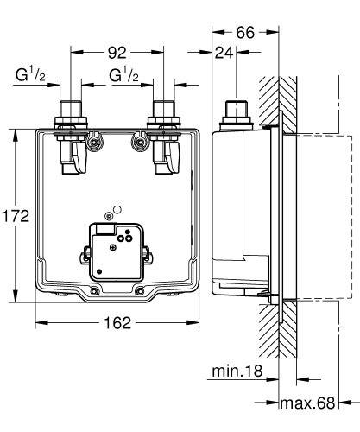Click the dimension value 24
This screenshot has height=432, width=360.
(x=226, y=54)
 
